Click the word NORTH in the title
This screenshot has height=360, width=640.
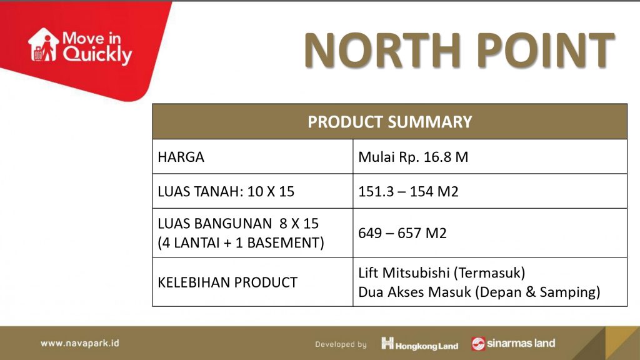[x=382, y=50]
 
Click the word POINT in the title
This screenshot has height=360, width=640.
[x=545, y=50]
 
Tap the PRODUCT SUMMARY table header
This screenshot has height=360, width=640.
[x=389, y=122]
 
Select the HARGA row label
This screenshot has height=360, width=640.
[x=181, y=157]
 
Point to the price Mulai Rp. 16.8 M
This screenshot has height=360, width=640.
[x=413, y=157]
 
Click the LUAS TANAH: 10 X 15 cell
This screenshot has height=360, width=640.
[x=226, y=191]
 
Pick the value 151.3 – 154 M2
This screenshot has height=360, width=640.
[x=408, y=191]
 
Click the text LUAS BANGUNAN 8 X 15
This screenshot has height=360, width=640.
[x=238, y=223]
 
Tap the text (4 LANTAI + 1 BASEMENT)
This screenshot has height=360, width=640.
[x=241, y=243]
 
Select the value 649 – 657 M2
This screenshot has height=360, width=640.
[x=402, y=233]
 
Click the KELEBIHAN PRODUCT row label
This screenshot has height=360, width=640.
[x=227, y=282]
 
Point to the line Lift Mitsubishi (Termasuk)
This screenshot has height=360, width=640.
[x=442, y=272]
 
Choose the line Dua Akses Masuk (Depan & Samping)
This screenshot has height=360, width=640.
[x=479, y=292]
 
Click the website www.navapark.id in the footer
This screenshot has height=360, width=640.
[x=80, y=343]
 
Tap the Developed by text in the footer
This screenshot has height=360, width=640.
[x=341, y=344]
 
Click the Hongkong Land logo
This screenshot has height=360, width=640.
[x=419, y=344]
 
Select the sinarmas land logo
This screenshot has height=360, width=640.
[x=513, y=344]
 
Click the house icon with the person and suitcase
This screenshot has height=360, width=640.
[x=43, y=45]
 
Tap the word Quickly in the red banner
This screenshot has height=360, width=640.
[x=97, y=55]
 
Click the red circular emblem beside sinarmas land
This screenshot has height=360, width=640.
[x=478, y=344]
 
